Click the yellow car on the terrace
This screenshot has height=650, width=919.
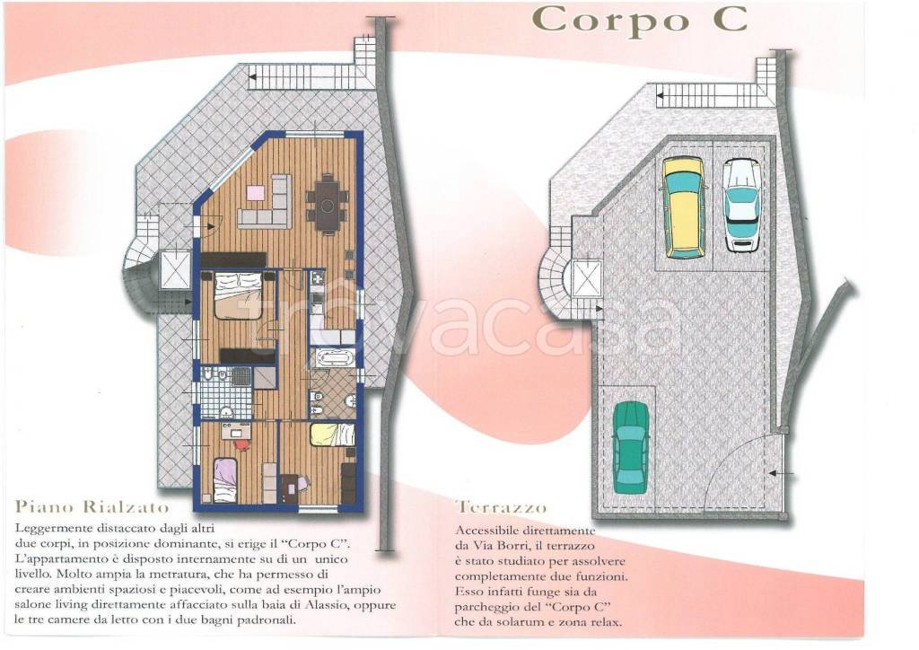click(x=684, y=207)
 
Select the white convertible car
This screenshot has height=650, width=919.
click(x=742, y=205)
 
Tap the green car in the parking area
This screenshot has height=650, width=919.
click(x=631, y=447)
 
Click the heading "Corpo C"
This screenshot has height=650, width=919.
click(x=639, y=21)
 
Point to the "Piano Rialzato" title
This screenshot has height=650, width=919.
click(x=92, y=507)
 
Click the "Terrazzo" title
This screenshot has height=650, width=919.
click(x=501, y=507)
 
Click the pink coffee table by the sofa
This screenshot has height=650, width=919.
click(x=255, y=193)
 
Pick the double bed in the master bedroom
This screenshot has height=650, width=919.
click(x=238, y=296)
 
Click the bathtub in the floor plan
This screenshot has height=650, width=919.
click(x=332, y=358)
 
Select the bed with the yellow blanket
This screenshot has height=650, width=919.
click(x=332, y=435)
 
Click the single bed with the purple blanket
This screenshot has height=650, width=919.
click(x=225, y=480)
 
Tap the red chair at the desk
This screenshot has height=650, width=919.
click(x=241, y=445)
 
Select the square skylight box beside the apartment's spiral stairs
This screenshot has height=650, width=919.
click(x=175, y=269)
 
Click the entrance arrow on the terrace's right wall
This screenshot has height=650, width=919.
click(x=782, y=472)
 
